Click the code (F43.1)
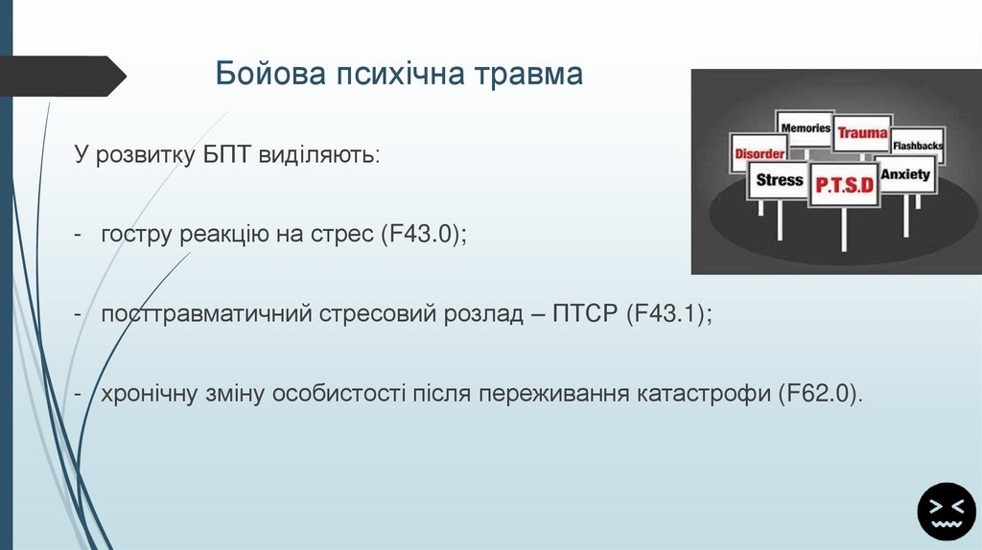[669, 314]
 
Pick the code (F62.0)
[821, 394]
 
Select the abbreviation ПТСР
[584, 314]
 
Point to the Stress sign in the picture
[779, 179]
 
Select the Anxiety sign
[905, 174]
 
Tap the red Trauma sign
[862, 133]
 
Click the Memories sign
[805, 127]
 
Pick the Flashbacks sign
[918, 146]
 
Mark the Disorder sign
[760, 153]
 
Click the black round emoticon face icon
[946, 511]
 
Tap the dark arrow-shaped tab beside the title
[62, 76]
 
